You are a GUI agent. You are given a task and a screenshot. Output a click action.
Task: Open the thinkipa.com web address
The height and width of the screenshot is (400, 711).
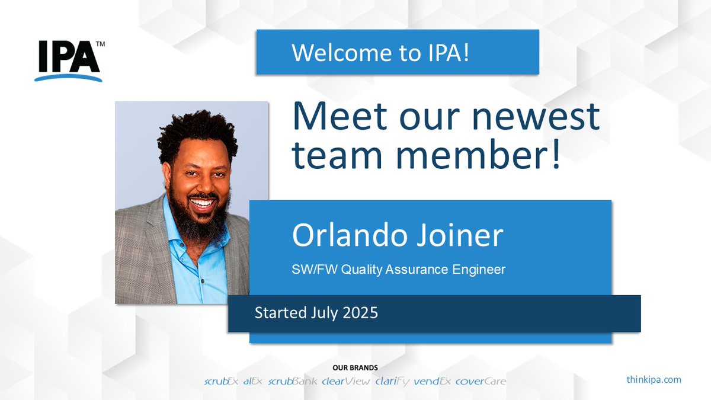pos(654,379)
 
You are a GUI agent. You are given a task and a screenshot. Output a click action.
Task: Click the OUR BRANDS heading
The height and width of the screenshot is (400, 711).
pos(355,368)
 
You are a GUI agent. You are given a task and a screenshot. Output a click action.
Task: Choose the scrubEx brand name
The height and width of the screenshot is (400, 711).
pos(221,381)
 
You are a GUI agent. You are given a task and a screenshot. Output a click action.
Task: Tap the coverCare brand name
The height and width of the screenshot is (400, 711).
pos(481,381)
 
